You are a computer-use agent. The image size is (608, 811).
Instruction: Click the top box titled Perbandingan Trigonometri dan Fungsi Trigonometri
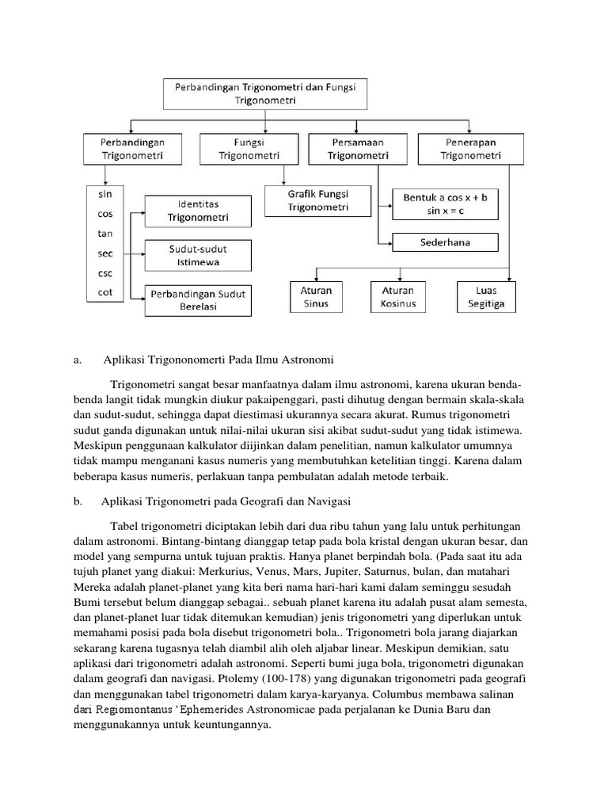pyautogui.click(x=262, y=94)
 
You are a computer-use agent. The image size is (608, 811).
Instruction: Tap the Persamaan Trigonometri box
pyautogui.click(x=359, y=149)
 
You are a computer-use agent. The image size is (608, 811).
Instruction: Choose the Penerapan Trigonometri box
pyautogui.click(x=471, y=149)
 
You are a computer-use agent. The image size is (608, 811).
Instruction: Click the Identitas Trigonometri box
pyautogui.click(x=197, y=211)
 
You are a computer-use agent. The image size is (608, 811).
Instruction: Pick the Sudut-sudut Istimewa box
pyautogui.click(x=197, y=255)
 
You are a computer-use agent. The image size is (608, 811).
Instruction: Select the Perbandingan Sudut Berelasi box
pyautogui.click(x=197, y=300)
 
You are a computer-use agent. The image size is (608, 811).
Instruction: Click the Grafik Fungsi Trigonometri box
pyautogui.click(x=317, y=200)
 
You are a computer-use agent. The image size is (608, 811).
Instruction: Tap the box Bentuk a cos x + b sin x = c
pyautogui.click(x=445, y=204)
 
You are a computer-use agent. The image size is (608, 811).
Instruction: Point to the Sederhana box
pyautogui.click(x=445, y=242)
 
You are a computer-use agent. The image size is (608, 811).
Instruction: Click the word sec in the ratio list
pyautogui.click(x=104, y=254)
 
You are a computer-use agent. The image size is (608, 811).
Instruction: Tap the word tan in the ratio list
pyautogui.click(x=104, y=234)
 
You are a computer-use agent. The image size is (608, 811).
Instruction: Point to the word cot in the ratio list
pyautogui.click(x=104, y=291)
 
